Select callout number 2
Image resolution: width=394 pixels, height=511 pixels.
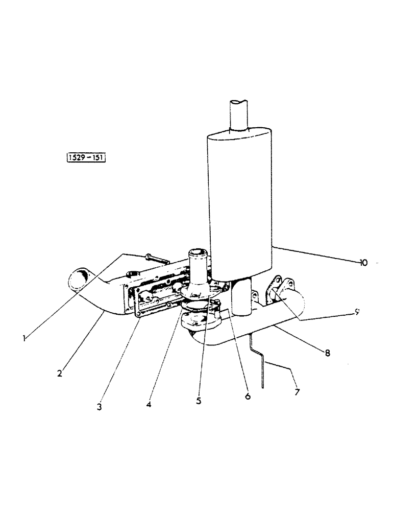pyautogui.click(x=60, y=373)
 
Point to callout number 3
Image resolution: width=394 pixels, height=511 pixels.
pyautogui.click(x=100, y=407)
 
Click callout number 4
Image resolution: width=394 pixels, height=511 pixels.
pyautogui.click(x=148, y=404)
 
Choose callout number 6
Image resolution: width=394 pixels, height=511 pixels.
pyautogui.click(x=248, y=396)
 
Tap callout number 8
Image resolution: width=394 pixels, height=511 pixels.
pyautogui.click(x=327, y=352)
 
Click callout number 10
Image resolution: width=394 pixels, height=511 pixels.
pyautogui.click(x=363, y=263)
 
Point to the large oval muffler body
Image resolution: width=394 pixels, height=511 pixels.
pyautogui.click(x=240, y=204)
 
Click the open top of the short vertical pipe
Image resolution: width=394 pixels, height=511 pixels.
pyautogui.click(x=198, y=253)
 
